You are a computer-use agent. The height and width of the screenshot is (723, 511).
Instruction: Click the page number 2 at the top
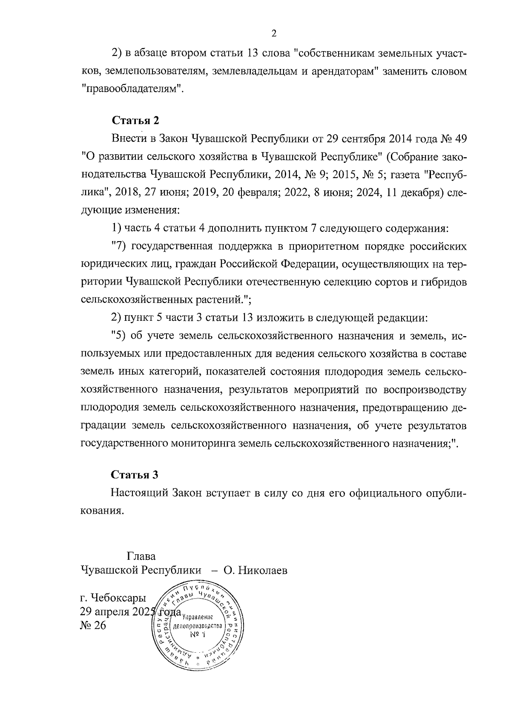point(274,34)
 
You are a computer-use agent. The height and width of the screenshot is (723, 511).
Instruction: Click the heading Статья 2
point(135,121)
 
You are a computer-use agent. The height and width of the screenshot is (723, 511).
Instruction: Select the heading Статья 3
point(135,475)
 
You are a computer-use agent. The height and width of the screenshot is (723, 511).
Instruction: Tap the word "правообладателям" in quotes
point(132,89)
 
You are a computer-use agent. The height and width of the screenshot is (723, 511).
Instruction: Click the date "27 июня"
point(167,193)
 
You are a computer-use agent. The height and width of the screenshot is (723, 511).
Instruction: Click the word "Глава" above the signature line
point(141,556)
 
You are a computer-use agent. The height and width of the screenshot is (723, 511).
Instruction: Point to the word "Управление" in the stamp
point(197,617)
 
